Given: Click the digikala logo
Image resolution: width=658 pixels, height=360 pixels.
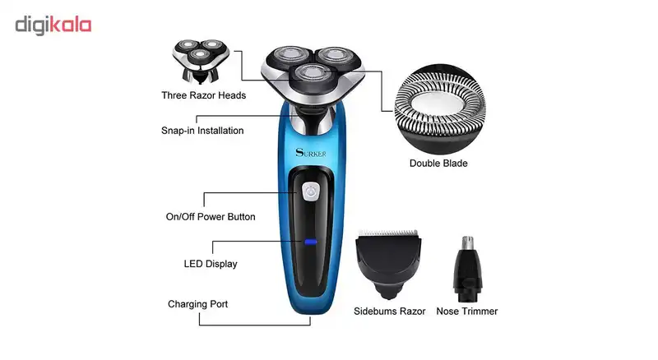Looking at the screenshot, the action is click(53, 25).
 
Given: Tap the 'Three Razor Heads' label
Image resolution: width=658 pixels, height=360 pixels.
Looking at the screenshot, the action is click(203, 95).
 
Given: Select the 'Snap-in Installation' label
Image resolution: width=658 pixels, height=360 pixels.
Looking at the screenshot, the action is click(202, 131).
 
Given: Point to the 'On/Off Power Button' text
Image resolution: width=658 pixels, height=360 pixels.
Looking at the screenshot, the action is click(211, 216).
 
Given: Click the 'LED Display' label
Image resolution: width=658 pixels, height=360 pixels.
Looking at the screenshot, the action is click(211, 264).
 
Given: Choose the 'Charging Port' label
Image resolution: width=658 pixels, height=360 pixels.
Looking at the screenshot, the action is click(197, 304).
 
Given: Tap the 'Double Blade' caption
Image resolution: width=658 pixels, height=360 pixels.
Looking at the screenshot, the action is click(438, 164).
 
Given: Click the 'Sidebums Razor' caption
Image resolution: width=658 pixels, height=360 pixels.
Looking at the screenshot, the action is click(389, 311).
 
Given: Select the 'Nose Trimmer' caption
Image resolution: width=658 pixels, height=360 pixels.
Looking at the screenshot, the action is click(467, 311).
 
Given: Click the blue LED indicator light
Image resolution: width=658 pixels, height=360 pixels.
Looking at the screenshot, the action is click(311, 242).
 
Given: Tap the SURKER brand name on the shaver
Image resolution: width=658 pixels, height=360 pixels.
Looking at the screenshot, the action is click(311, 153).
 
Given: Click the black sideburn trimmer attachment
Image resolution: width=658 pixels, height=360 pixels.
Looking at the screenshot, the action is click(388, 265).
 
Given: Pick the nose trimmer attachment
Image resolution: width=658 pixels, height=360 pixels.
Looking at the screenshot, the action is click(467, 270).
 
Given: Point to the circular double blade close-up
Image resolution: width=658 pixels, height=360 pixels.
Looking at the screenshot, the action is click(440, 108).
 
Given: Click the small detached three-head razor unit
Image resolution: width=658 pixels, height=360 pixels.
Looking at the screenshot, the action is click(201, 62).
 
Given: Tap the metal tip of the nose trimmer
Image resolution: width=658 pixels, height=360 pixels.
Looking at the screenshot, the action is click(467, 242).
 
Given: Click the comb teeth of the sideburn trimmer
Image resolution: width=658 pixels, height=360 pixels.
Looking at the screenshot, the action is click(388, 233).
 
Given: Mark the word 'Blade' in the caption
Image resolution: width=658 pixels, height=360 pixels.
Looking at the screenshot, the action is click(454, 164).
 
